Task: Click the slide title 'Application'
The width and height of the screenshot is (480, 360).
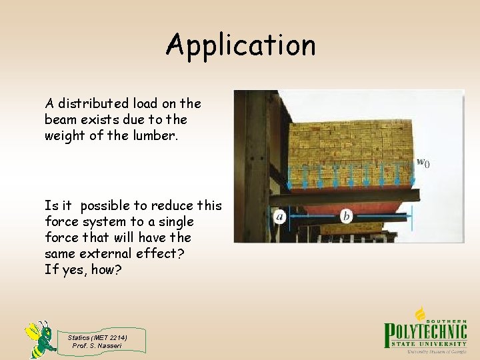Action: click(x=241, y=46)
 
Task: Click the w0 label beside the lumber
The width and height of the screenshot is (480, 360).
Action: click(x=422, y=162)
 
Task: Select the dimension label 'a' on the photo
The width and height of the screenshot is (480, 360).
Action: click(x=280, y=215)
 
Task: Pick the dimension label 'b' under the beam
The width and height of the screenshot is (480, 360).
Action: click(x=346, y=215)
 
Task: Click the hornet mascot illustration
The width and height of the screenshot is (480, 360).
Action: click(x=40, y=338)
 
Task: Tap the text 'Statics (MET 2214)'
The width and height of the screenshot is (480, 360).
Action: click(x=97, y=337)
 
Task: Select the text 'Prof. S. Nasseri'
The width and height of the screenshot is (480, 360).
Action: click(x=97, y=345)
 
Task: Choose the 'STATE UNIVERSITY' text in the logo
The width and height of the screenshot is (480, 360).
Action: click(x=434, y=343)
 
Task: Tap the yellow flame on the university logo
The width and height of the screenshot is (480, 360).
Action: click(x=421, y=313)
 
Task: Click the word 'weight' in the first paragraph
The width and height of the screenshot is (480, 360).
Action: click(x=63, y=135)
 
